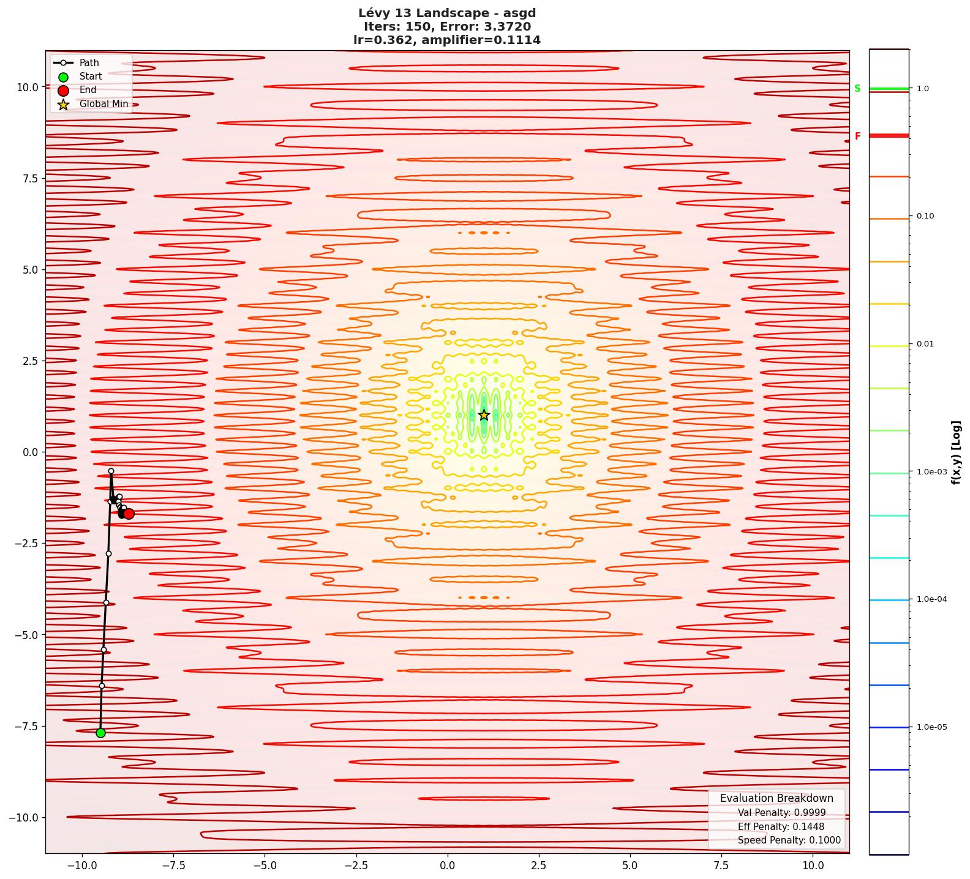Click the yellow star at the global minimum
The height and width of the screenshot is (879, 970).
(484, 415)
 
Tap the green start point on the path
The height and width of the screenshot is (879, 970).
(100, 733)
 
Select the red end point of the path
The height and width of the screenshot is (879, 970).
(129, 514)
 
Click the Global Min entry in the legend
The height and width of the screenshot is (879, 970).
(103, 104)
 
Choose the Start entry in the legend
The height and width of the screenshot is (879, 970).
(91, 77)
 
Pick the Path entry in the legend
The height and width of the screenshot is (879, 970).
(89, 62)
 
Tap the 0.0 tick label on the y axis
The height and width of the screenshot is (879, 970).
(30, 452)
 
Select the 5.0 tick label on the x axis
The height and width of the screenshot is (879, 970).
(630, 866)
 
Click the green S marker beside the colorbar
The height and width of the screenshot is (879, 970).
(857, 89)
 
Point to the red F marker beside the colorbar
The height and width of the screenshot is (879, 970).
(857, 137)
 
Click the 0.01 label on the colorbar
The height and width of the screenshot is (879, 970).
(925, 344)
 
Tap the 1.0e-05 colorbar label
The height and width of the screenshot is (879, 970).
(931, 727)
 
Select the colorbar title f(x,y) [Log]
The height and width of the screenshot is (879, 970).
(956, 452)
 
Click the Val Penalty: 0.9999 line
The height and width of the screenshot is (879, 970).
(781, 813)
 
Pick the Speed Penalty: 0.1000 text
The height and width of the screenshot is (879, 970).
(789, 840)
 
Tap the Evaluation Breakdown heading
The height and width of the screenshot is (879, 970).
(776, 798)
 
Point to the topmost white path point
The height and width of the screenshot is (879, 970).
(111, 471)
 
